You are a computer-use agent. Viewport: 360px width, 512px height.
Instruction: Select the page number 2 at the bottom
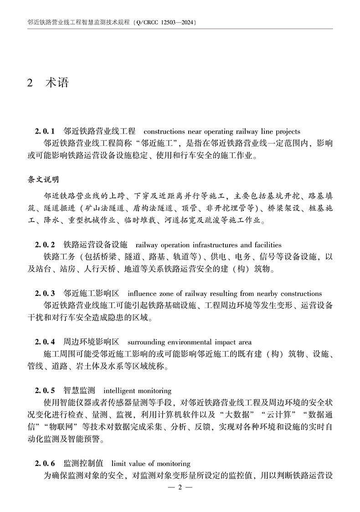(x=180, y=487)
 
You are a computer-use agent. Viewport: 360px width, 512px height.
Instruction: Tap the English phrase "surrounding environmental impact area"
(x=189, y=342)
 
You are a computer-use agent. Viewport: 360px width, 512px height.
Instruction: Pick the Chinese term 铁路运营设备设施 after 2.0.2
(x=95, y=245)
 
